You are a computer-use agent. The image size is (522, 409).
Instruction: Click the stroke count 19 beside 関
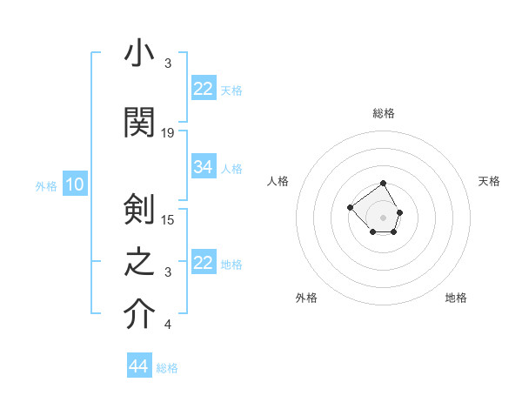click(168, 132)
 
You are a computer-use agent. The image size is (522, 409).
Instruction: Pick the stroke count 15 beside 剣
click(168, 218)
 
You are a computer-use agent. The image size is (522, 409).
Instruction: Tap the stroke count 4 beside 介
click(168, 325)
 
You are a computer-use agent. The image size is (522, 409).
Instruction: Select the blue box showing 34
click(204, 167)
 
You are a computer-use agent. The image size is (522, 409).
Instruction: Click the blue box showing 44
click(139, 367)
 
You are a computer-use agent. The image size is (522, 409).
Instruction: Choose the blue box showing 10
click(75, 184)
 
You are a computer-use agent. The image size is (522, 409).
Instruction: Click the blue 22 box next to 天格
click(204, 89)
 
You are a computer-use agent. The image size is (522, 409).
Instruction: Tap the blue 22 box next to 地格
click(204, 263)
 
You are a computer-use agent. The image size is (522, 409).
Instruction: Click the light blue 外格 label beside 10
click(46, 185)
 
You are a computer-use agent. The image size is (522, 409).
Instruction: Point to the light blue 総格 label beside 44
click(167, 368)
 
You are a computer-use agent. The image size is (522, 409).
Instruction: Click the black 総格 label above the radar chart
click(384, 114)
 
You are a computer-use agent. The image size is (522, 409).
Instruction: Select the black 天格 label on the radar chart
click(489, 181)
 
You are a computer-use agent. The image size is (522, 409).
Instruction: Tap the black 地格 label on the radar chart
click(456, 298)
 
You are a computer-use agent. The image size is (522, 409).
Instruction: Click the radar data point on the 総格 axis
click(384, 184)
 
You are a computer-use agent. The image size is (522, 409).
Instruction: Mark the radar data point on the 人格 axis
click(350, 207)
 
